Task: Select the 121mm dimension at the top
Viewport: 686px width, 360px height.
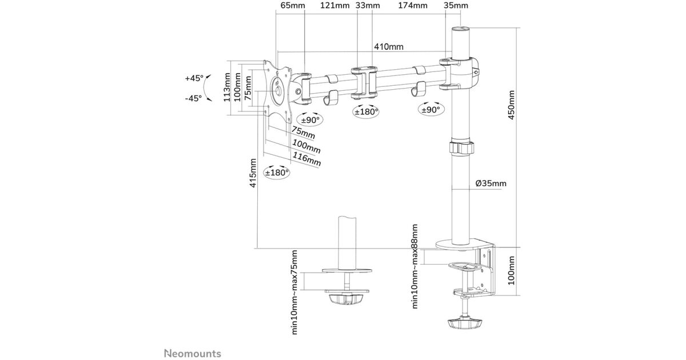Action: click(334, 6)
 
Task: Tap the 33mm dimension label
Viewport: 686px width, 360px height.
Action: click(367, 6)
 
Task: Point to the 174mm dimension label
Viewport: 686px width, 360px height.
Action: click(413, 6)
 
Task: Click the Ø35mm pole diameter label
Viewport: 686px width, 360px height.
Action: click(490, 183)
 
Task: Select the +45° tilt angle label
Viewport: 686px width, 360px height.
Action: click(194, 78)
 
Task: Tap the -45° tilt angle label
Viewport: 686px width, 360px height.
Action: click(193, 98)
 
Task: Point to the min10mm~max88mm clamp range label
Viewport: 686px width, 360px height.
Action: click(416, 266)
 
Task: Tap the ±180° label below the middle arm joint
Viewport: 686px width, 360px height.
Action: click(366, 111)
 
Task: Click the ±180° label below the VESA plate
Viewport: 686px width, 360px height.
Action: click(277, 172)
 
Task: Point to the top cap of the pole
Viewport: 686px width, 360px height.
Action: click(460, 29)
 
